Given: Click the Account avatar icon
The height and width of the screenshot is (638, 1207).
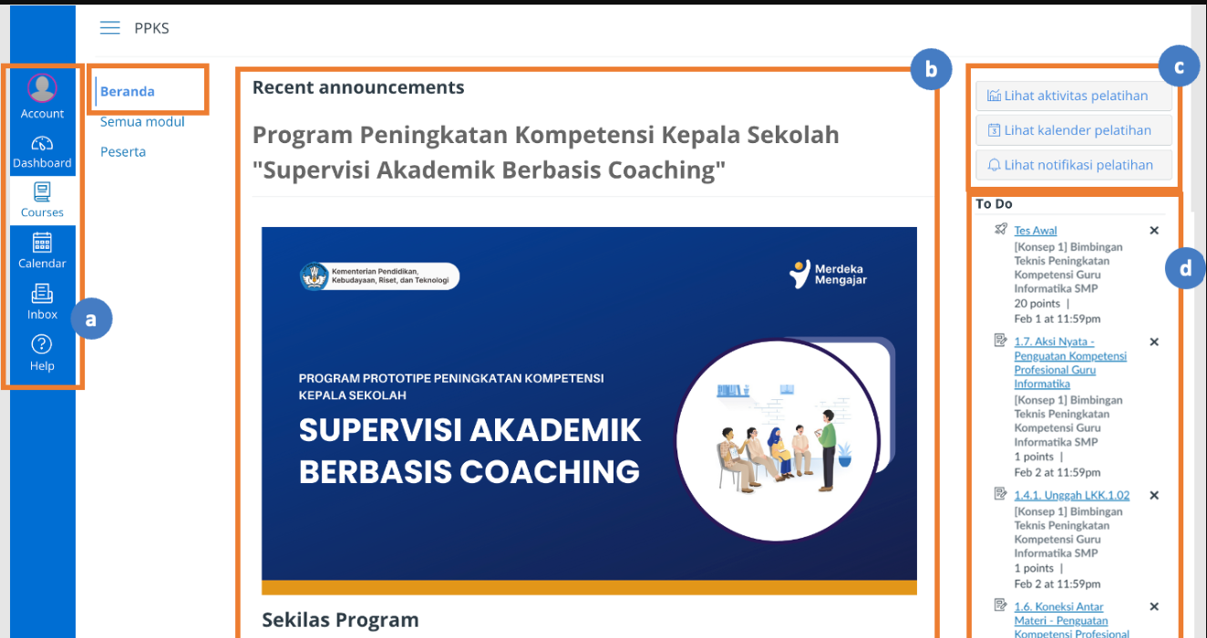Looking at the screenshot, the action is pyautogui.click(x=42, y=87).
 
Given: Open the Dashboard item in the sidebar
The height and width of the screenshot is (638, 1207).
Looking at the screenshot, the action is pyautogui.click(x=42, y=152).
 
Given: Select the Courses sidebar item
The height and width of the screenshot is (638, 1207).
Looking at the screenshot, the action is pyautogui.click(x=42, y=201).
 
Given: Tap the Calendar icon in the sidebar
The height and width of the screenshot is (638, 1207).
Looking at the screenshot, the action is pyautogui.click(x=42, y=242).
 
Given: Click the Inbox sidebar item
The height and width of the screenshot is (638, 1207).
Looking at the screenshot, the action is pyautogui.click(x=42, y=303).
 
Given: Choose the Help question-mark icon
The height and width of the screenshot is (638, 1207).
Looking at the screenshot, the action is pyautogui.click(x=42, y=344).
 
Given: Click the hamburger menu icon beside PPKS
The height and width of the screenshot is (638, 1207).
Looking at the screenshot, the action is pyautogui.click(x=110, y=27).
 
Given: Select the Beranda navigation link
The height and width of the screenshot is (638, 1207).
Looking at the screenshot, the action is pyautogui.click(x=127, y=92).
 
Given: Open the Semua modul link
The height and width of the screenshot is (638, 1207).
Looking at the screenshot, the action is pyautogui.click(x=142, y=122).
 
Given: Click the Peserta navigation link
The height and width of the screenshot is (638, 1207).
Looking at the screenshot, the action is pyautogui.click(x=123, y=152).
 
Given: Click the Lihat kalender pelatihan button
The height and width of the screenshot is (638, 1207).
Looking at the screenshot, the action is pyautogui.click(x=1073, y=130).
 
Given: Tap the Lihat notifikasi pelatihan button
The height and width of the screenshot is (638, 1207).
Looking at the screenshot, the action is pyautogui.click(x=1073, y=165).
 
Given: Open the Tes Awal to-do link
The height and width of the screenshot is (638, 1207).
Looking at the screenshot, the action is pyautogui.click(x=1035, y=231).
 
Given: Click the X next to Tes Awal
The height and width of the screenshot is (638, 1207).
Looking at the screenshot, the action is pyautogui.click(x=1153, y=231).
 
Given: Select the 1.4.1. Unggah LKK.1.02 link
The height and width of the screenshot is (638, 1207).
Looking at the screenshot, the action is pyautogui.click(x=1072, y=495).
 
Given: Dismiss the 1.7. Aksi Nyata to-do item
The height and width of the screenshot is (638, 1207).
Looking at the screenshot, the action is pyautogui.click(x=1153, y=342).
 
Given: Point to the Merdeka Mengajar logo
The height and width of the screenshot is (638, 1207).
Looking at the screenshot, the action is pyautogui.click(x=828, y=274).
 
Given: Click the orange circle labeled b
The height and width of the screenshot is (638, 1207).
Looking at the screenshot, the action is pyautogui.click(x=931, y=69).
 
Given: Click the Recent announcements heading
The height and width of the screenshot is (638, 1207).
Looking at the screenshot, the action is pyautogui.click(x=358, y=87).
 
